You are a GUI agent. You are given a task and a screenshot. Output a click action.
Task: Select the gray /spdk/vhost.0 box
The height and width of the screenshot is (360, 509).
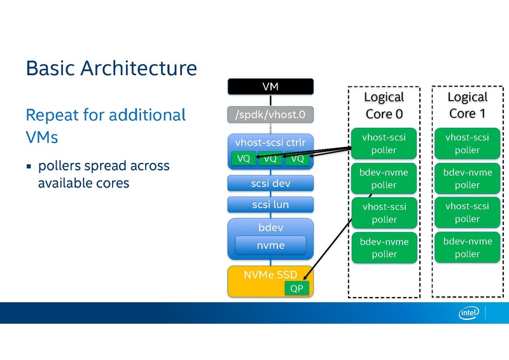(270, 115)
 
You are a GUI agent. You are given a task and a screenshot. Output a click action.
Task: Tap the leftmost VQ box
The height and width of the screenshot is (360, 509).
(244, 158)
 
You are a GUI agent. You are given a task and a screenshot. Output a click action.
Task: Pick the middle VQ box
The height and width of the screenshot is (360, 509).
(270, 158)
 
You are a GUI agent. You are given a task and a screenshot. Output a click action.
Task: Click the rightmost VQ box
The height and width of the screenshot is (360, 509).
(297, 158)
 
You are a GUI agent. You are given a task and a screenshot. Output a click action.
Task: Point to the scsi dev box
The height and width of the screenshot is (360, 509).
(270, 183)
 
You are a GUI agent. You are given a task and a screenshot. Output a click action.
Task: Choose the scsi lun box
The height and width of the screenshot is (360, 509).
(270, 205)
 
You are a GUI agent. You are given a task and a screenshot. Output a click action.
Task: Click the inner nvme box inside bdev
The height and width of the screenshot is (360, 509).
(270, 245)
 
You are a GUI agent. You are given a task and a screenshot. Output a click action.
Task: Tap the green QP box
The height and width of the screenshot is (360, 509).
(297, 288)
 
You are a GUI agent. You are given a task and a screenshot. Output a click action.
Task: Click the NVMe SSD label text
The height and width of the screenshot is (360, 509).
(270, 275)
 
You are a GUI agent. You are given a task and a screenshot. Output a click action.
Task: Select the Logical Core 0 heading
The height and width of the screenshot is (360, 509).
(384, 105)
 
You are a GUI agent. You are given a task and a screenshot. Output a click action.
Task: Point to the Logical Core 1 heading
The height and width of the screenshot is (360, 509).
(467, 105)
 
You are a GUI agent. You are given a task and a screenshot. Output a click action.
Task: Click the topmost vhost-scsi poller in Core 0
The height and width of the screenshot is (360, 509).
(384, 144)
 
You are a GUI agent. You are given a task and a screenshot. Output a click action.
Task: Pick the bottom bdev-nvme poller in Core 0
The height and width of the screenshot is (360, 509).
(384, 247)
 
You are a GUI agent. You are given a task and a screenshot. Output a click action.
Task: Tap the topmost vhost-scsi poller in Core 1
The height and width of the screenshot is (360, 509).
(467, 144)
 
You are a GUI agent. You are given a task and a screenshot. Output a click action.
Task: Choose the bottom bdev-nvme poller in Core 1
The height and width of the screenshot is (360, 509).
(467, 247)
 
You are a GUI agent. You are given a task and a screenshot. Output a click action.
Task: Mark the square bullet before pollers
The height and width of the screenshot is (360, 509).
(29, 167)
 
